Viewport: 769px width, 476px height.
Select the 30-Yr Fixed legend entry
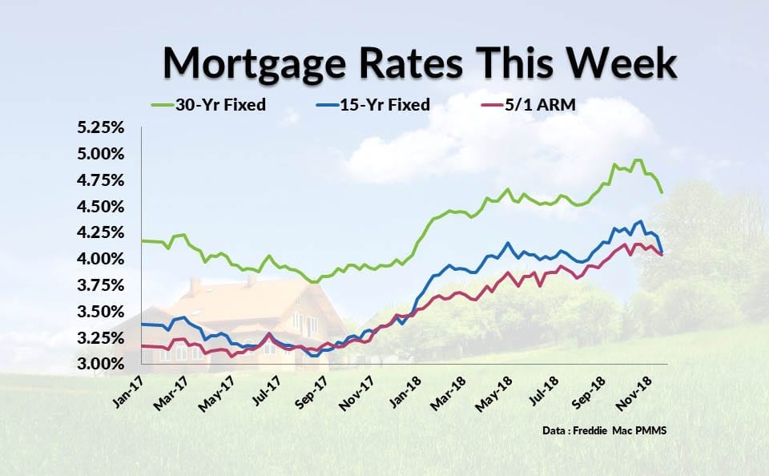(208, 104)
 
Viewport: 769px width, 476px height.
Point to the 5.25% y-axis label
(101, 127)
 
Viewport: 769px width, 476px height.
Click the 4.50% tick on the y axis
(101, 207)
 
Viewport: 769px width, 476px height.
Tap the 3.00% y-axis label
(101, 364)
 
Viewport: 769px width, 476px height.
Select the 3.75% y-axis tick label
(101, 285)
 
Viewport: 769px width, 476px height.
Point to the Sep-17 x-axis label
(311, 392)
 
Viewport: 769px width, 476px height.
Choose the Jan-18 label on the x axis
(405, 392)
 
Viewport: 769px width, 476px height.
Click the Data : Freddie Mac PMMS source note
(604, 430)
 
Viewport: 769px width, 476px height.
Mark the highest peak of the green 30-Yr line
(638, 159)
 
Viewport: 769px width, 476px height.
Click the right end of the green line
(662, 192)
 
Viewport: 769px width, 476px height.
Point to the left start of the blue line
(142, 325)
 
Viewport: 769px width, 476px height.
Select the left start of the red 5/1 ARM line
(142, 346)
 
